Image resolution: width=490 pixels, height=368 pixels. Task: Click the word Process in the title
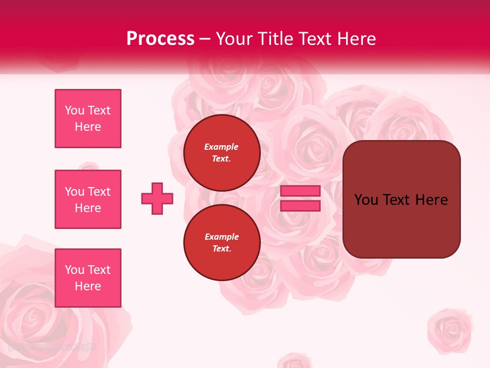click(160, 39)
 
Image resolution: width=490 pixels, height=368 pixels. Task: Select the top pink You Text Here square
click(88, 119)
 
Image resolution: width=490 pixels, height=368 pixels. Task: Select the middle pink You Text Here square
click(88, 199)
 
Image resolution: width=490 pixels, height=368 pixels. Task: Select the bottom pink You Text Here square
click(88, 278)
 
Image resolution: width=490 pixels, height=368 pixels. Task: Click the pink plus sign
click(157, 198)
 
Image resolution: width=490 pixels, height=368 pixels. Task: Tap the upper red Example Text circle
click(222, 152)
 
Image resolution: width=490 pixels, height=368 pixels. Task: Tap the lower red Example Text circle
click(222, 242)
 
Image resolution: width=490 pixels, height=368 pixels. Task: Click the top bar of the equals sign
click(300, 191)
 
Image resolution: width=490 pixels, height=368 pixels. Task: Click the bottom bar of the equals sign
click(300, 206)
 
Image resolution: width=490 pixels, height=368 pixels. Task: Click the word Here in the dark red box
click(431, 200)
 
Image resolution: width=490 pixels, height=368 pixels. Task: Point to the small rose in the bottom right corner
click(450, 330)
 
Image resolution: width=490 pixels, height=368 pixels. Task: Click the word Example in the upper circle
click(222, 147)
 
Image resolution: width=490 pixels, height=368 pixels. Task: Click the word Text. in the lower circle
click(222, 249)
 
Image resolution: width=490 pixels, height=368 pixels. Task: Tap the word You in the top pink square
click(73, 110)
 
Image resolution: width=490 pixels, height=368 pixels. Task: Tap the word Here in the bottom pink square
click(88, 286)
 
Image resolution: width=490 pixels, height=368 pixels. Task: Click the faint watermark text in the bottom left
click(51, 347)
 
